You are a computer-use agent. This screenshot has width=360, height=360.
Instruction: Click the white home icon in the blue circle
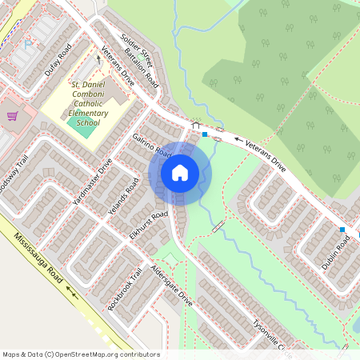(x=180, y=173)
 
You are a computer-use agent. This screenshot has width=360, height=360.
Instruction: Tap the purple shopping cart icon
(x=12, y=117)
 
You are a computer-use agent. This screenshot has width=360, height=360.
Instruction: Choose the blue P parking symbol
(x=30, y=45)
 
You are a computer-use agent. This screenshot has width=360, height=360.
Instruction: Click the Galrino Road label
(x=152, y=144)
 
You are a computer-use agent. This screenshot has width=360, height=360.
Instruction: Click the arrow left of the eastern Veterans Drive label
(x=238, y=140)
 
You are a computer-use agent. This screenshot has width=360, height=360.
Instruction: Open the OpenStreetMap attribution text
(x=80, y=354)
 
